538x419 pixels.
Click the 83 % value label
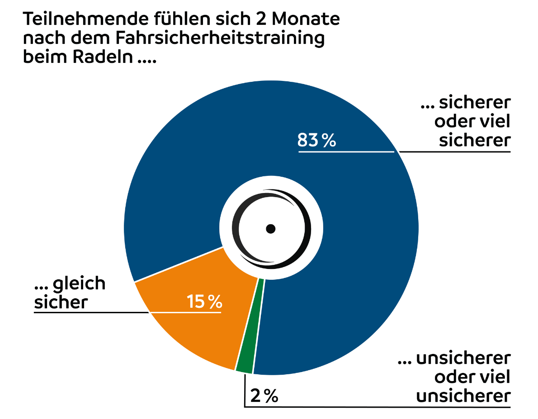point(316,141)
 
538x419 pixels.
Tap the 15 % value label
point(205,301)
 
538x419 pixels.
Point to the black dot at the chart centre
point(270,229)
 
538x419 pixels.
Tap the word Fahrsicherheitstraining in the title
point(220,38)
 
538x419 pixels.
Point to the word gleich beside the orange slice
point(79,283)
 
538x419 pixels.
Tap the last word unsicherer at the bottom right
point(463,396)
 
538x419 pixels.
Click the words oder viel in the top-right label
point(472,122)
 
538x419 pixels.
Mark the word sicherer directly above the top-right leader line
point(475,140)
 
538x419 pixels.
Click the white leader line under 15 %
point(185,312)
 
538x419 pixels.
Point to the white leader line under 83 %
point(346,152)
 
